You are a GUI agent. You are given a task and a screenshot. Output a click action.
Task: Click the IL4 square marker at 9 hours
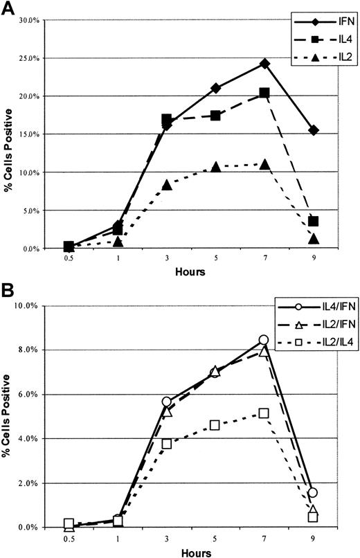tap(314, 222)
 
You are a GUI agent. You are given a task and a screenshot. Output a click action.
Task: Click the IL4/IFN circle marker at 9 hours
tap(314, 492)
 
